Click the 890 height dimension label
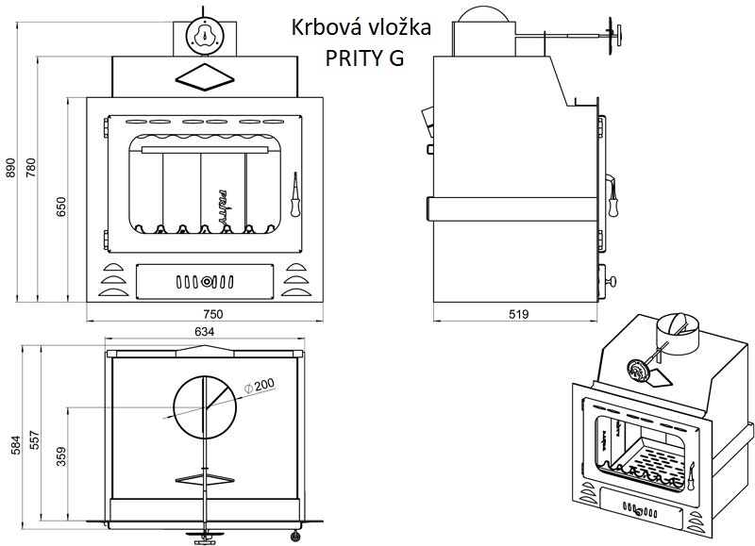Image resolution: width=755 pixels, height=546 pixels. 10,168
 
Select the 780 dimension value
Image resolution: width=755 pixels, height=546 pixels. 31,168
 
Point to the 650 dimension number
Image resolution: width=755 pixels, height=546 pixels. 61,207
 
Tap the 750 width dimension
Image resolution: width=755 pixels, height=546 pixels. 212,314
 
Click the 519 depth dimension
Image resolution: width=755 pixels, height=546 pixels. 518,314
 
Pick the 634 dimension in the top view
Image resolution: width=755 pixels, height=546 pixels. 205,331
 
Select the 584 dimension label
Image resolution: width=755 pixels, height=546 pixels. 16,445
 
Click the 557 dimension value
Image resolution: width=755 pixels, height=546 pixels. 34,440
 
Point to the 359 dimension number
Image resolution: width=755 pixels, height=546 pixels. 61,456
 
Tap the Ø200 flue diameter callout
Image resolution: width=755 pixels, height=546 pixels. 260,386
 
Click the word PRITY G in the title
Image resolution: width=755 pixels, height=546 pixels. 364,58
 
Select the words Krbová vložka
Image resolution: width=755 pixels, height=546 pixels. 361,27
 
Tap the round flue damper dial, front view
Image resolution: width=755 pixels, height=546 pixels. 205,36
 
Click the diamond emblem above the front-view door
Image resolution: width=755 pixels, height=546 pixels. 205,77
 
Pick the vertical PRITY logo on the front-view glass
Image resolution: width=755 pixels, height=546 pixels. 222,205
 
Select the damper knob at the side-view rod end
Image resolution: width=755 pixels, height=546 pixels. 615,35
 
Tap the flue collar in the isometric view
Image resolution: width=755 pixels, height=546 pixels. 679,332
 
